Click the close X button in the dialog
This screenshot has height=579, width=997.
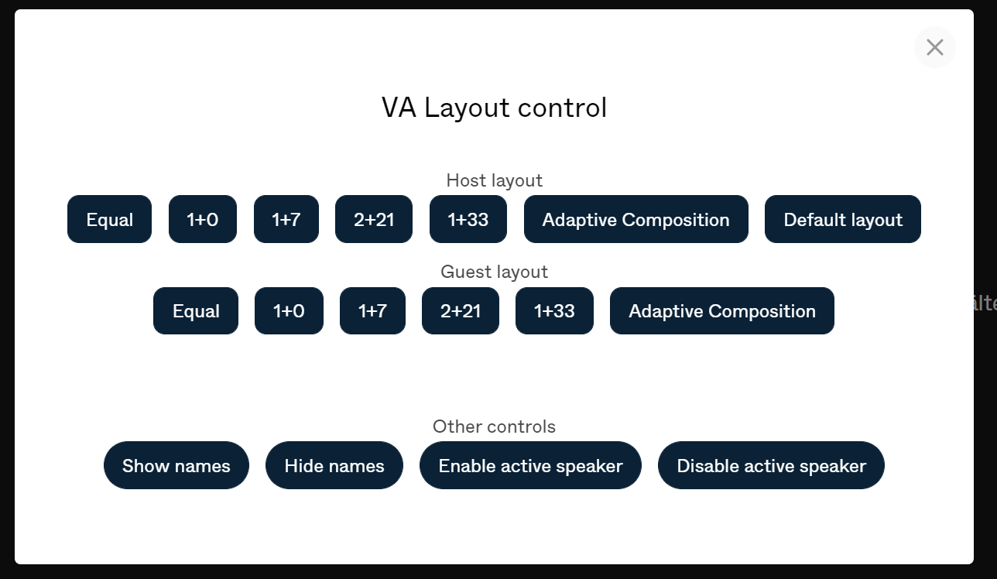(934, 47)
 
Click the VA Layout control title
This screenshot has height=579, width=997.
(494, 108)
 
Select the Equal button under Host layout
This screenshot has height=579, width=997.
(109, 220)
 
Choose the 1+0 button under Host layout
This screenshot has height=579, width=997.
(202, 220)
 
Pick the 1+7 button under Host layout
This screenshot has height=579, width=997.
(286, 220)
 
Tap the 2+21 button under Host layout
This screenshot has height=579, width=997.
(374, 220)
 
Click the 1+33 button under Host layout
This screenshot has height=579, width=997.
(468, 220)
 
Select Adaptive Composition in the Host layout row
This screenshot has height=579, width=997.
(636, 220)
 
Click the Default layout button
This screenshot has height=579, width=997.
(842, 220)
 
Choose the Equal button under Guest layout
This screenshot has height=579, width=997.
(196, 311)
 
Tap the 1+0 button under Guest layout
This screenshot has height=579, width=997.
(289, 311)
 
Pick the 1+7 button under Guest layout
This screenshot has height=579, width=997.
(372, 311)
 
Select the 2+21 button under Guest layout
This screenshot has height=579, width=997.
(461, 311)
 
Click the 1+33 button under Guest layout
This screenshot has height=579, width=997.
(554, 311)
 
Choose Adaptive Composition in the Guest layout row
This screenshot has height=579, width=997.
(721, 311)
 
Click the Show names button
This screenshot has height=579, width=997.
(176, 466)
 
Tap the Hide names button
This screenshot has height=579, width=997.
(334, 466)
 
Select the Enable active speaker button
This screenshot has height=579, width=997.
(530, 466)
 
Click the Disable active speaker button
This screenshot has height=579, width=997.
(771, 466)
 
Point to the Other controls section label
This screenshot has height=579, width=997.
(494, 427)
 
